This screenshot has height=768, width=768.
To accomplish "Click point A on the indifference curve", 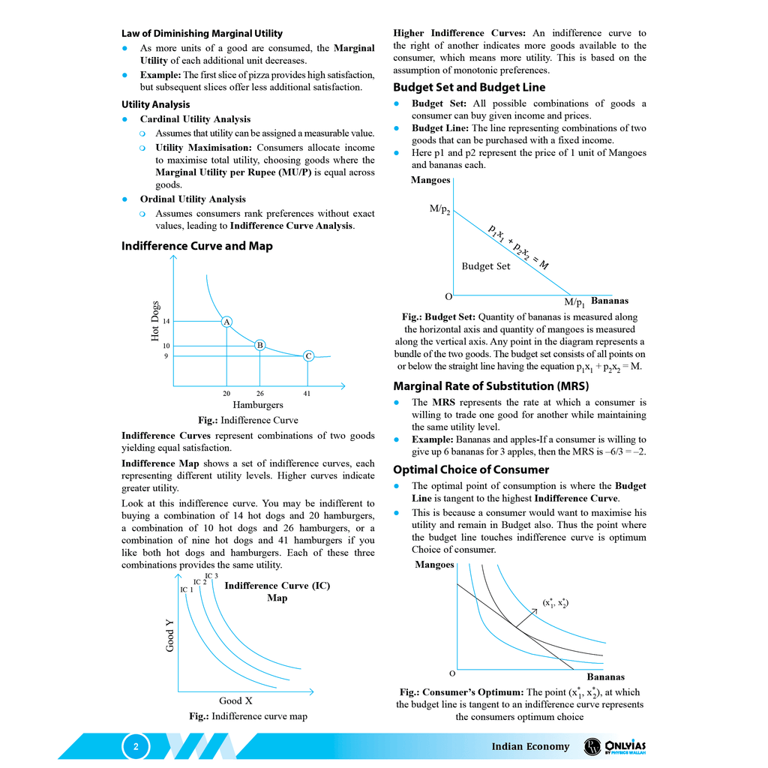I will click(x=226, y=321).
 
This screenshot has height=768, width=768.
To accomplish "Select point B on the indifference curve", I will click(x=259, y=345).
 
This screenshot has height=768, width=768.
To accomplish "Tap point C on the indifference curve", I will click(x=308, y=355).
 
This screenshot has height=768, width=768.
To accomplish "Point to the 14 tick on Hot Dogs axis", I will click(x=166, y=321).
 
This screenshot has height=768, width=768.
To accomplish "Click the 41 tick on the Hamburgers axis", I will click(x=307, y=393).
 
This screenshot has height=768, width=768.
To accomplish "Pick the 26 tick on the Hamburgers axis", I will click(x=259, y=393).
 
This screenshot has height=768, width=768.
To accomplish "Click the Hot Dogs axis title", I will click(x=155, y=321).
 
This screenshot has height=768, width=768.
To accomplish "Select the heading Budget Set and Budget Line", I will click(x=469, y=87).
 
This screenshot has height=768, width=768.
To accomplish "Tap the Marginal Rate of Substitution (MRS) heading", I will click(x=490, y=386).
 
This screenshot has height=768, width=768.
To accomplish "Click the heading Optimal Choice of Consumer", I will click(x=471, y=469).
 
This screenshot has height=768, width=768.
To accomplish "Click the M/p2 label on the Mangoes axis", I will click(x=440, y=210).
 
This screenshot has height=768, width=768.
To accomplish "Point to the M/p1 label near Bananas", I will click(x=575, y=303).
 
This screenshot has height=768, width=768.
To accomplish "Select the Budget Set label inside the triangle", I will click(x=485, y=266).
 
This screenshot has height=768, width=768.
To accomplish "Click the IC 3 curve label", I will click(x=211, y=576).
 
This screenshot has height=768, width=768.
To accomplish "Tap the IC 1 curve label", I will click(x=187, y=589).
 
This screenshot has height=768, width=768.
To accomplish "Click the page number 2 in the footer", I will click(x=136, y=746).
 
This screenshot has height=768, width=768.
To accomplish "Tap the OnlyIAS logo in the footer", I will click(x=614, y=746).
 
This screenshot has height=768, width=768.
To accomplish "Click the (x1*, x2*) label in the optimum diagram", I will click(x=555, y=602).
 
